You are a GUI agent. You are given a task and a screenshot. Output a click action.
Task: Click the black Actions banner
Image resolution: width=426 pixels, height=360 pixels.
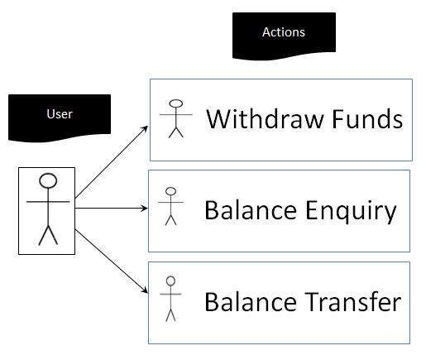(x=284, y=36)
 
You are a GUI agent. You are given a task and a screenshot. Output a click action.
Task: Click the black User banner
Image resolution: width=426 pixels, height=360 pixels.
(x=59, y=117)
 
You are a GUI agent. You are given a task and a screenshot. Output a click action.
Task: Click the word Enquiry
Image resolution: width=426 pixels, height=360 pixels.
(x=347, y=211)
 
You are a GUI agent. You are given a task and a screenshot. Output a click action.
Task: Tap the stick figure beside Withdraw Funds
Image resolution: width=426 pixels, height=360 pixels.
(x=175, y=118)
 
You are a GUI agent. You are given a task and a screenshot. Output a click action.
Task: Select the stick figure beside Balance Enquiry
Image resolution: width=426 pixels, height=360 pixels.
(x=171, y=206)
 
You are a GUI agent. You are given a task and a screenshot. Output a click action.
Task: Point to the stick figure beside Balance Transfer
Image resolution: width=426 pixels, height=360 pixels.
(x=171, y=298)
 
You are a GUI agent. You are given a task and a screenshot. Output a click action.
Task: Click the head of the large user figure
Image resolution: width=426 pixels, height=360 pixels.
(x=48, y=181)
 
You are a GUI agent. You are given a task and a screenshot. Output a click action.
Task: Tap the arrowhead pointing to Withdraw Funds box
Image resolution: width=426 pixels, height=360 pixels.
(x=146, y=128)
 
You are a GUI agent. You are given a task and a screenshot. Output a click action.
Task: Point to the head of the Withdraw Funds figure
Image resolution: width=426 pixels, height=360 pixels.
(x=175, y=104)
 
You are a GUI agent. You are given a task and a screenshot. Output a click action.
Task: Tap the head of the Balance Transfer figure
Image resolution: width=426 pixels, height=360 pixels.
(x=171, y=281)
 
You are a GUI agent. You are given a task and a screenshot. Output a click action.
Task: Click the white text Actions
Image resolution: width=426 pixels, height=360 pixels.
(x=284, y=32)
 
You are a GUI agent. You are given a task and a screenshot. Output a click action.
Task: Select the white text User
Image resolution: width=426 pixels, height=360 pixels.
(x=60, y=113)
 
